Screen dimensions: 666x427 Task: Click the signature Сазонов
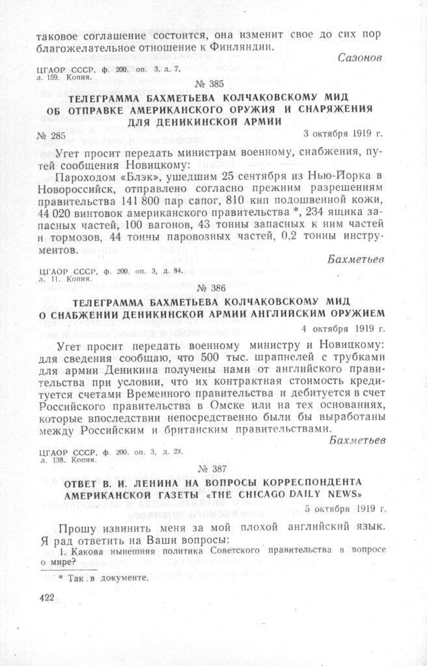point(359,58)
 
